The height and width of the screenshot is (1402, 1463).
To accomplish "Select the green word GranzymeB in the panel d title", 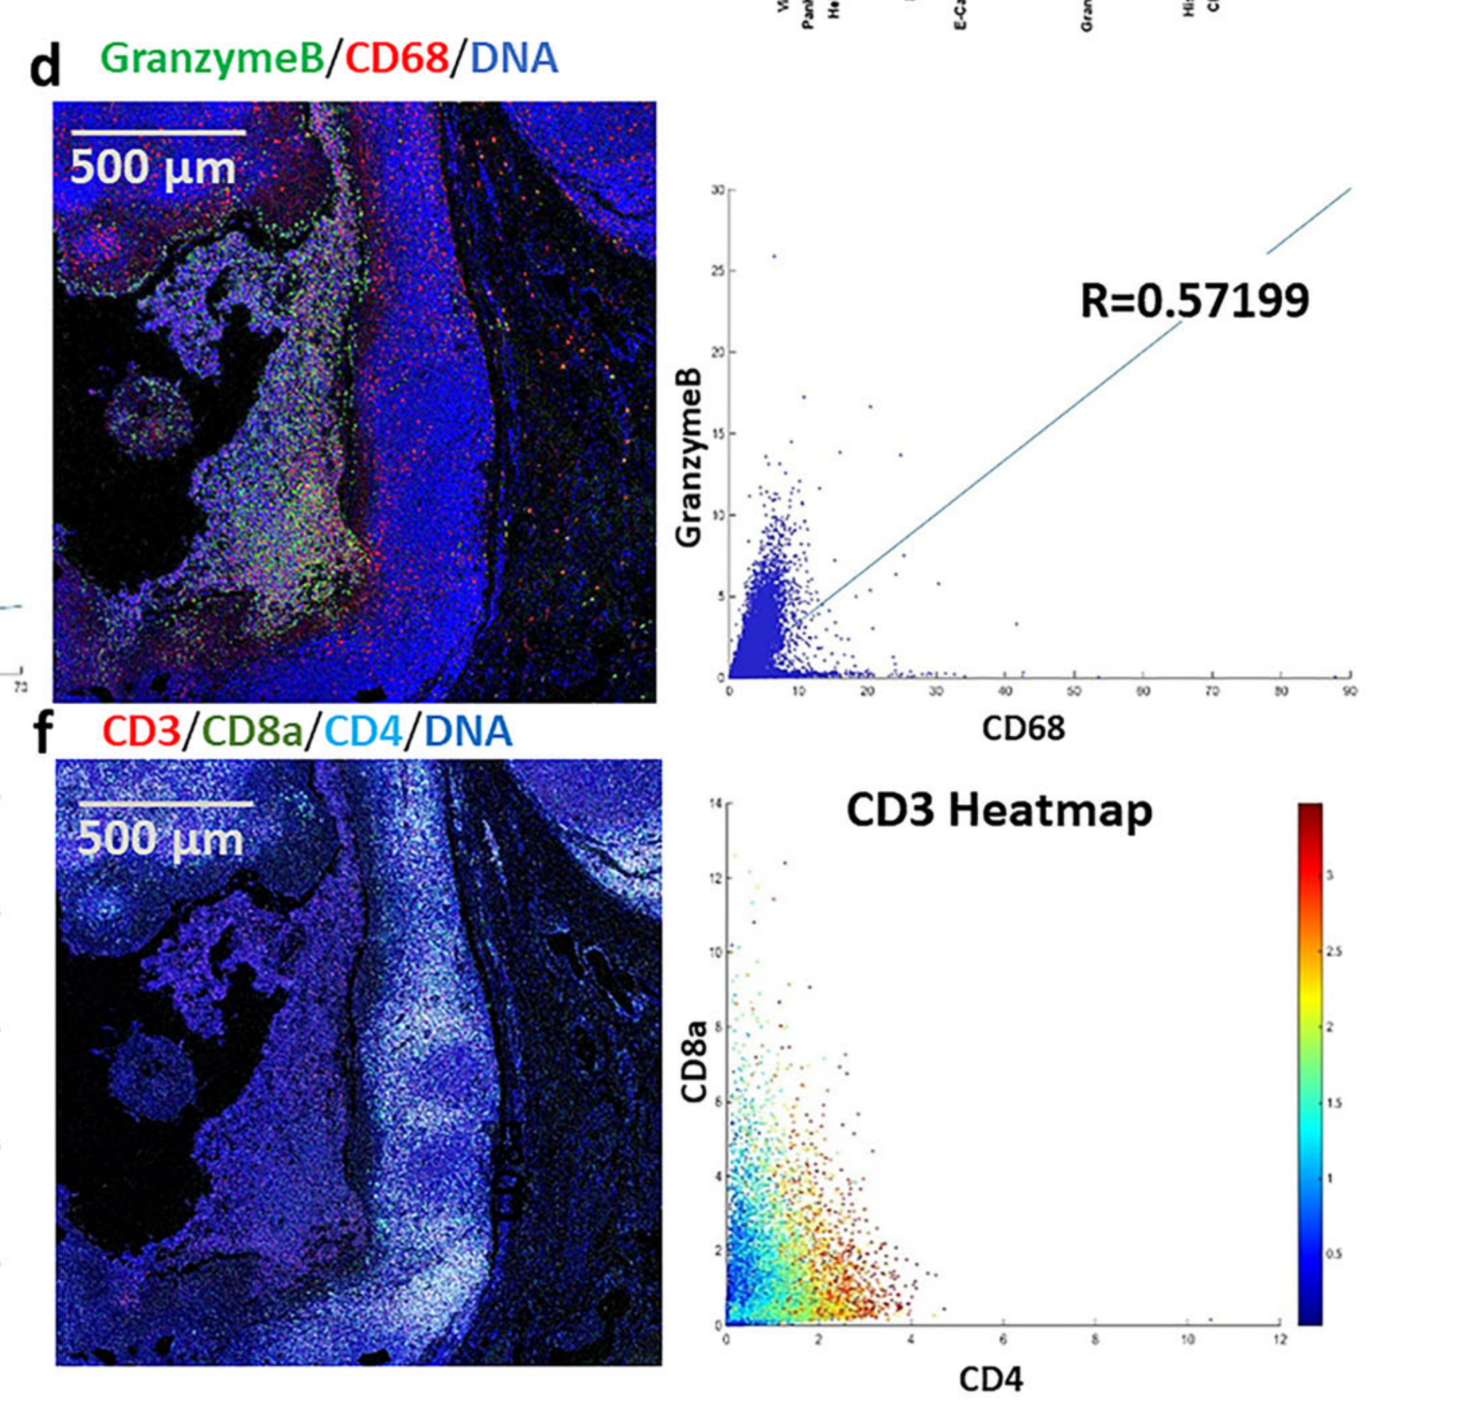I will coord(212,58).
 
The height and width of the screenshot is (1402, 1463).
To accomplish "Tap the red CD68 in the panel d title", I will coord(397,58).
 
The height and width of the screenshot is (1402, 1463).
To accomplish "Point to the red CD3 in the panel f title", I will coord(142,730).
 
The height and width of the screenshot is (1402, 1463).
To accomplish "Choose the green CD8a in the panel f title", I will coord(252,730).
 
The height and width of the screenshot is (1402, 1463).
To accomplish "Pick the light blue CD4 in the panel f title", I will coord(364,730).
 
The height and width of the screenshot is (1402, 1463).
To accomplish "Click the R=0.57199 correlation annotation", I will coord(1194,301).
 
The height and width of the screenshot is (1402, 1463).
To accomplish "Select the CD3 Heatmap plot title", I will coord(998,810).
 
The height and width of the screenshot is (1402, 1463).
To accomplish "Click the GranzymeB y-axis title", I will coord(688,457).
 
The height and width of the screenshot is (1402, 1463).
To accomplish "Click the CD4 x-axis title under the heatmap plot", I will coord(991,1380).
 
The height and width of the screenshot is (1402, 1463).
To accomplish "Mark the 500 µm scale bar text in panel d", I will coord(153,168).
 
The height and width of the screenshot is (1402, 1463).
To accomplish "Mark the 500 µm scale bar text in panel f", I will coord(160,839).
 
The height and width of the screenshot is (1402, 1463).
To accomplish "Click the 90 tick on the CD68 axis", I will coord(1349,692).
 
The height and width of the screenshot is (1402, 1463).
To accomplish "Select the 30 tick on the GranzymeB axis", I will coord(717,191).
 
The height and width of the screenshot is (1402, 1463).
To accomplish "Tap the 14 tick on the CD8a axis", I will coord(717,804).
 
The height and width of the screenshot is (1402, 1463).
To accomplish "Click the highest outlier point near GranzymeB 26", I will coord(774,256).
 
